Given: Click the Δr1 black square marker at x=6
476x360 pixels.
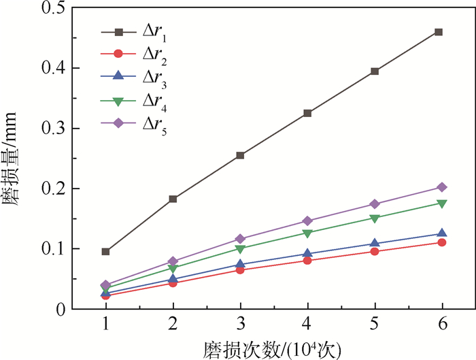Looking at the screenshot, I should (x=439, y=32).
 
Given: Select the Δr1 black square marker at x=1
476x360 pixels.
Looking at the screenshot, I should (x=106, y=252).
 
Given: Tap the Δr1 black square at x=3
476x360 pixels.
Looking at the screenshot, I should (x=240, y=155).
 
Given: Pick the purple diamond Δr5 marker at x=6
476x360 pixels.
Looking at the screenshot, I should (x=441, y=187).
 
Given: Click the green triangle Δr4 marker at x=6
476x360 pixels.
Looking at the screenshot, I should (x=441, y=203).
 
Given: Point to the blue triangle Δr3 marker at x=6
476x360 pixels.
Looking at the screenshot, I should (x=441, y=233).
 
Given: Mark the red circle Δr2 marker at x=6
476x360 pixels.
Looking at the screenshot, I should (x=441, y=242).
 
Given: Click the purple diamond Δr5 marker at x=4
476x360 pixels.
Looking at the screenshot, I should (x=307, y=220).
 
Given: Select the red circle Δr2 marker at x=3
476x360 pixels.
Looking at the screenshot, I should (x=240, y=270).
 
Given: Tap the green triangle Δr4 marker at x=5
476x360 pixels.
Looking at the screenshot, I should (x=374, y=218).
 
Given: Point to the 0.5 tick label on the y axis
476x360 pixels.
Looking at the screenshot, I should (x=52, y=9).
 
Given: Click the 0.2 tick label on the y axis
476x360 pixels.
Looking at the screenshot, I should (x=52, y=189).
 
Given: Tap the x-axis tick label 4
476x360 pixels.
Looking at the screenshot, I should (x=307, y=323).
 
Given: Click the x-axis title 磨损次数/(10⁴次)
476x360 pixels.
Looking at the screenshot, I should (x=271, y=348).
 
